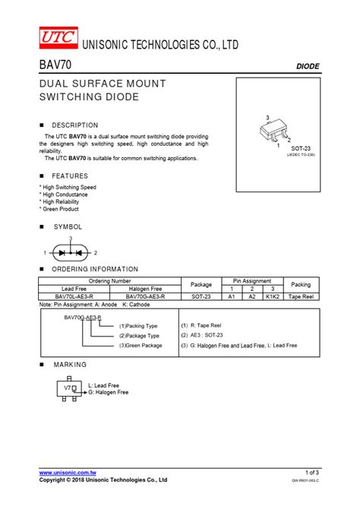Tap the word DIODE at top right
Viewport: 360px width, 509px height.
coord(307,67)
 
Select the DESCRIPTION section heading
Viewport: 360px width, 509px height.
coord(74,125)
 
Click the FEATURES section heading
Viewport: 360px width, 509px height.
coord(70,175)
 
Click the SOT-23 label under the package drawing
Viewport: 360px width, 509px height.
coord(302,148)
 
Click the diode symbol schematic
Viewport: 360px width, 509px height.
coord(70,251)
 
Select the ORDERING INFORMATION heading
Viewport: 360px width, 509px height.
coord(94,269)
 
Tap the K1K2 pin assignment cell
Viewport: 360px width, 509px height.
coord(273,296)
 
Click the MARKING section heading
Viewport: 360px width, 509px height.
coord(69,365)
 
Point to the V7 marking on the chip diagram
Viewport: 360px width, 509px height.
coord(67,387)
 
